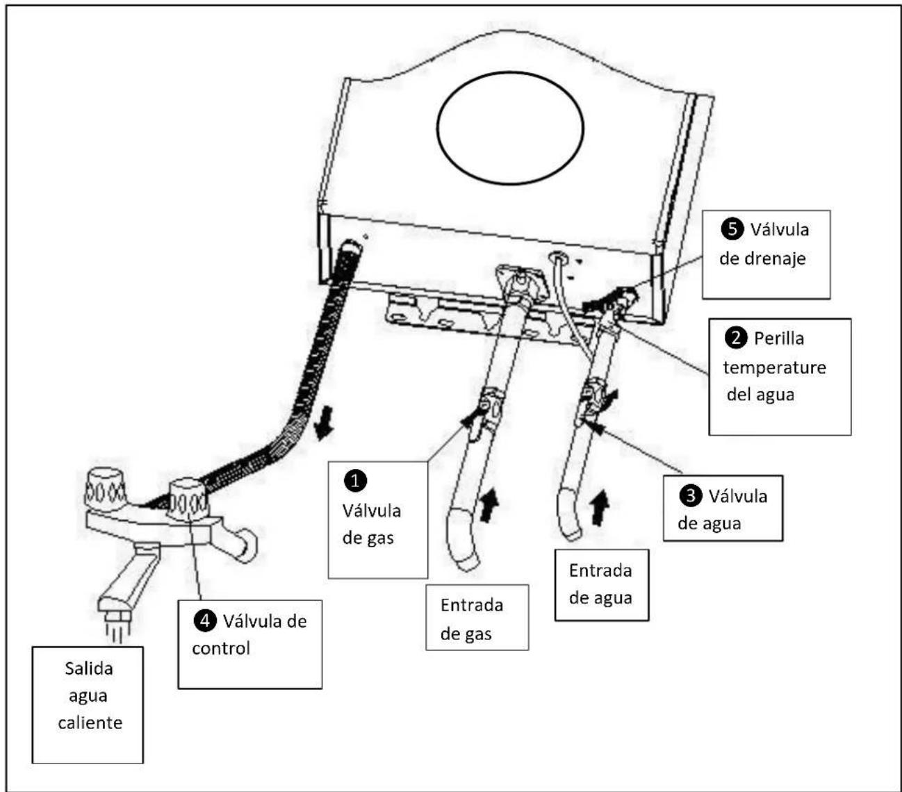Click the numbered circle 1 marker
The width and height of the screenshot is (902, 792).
tap(355, 481)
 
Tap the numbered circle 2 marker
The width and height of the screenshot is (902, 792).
tap(736, 338)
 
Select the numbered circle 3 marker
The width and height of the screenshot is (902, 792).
tap(691, 495)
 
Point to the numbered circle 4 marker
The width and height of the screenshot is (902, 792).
tap(205, 620)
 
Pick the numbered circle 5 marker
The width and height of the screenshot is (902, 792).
tap(732, 229)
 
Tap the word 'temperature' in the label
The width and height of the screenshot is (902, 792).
tap(774, 368)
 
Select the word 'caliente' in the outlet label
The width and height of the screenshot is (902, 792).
tap(90, 723)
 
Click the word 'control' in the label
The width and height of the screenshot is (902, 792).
tap(221, 649)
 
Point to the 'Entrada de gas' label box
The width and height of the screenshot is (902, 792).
tap(477, 618)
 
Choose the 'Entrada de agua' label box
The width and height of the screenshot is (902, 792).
tap(602, 584)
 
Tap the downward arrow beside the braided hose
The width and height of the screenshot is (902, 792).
tap(324, 423)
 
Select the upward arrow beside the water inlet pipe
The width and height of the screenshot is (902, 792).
tap(599, 507)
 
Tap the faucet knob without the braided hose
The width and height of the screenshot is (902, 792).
tap(106, 490)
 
